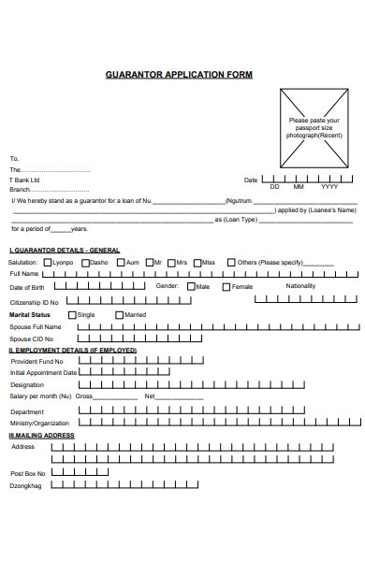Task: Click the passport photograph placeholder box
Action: (314, 126)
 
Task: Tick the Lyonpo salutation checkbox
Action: (51, 262)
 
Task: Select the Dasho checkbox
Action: (85, 262)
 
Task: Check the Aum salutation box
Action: (120, 262)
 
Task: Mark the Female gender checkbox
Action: (226, 286)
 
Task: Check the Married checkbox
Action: (119, 314)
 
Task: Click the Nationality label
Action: (300, 285)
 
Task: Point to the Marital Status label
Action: (30, 315)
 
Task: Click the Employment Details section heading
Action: (73, 350)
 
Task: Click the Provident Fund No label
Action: (36, 361)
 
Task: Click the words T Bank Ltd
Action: (25, 180)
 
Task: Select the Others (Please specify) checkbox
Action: (231, 262)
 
